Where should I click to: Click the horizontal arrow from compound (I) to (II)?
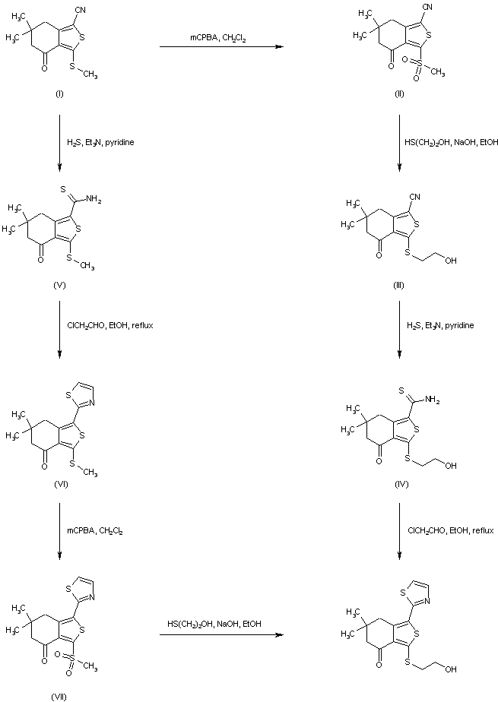[220, 48]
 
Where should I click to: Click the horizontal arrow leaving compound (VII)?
[220, 634]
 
